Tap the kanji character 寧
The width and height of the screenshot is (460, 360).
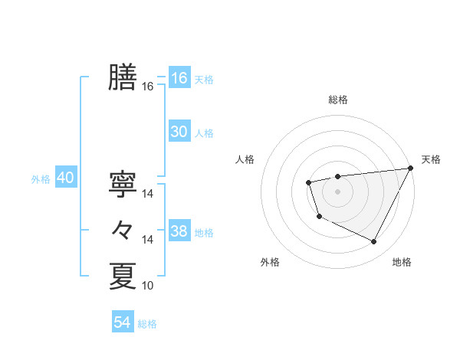click(123, 184)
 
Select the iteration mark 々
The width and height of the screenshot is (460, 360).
click(123, 230)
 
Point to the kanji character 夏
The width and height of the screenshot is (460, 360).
click(123, 276)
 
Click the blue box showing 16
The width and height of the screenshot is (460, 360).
click(179, 78)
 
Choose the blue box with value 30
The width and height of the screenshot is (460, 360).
click(179, 132)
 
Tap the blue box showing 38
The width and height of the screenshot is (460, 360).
click(179, 231)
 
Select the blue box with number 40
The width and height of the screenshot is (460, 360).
click(65, 178)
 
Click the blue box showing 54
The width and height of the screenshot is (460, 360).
click(123, 322)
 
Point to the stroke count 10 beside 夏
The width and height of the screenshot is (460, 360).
click(148, 286)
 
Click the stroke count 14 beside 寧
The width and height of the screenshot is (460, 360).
click(148, 194)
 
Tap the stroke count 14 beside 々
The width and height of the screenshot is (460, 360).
click(148, 240)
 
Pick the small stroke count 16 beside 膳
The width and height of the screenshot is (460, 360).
click(148, 87)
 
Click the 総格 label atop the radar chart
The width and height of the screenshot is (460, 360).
click(337, 100)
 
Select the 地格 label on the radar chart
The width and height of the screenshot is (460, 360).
click(402, 263)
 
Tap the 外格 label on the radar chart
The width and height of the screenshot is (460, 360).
click(270, 263)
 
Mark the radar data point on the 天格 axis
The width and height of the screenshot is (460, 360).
click(410, 169)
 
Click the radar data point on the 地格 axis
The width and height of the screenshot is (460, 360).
click(374, 242)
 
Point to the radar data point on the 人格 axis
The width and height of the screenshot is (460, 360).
click(308, 182)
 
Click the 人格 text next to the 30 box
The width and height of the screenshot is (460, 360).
click(204, 133)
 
